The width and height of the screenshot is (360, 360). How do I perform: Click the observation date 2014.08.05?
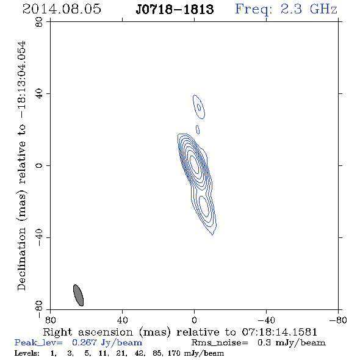(62, 9)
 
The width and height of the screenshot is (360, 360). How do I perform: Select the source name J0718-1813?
(175, 10)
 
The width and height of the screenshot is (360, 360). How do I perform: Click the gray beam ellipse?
(78, 295)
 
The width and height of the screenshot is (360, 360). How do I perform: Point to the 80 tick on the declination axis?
(39, 22)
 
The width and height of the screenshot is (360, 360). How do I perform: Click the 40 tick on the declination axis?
(39, 94)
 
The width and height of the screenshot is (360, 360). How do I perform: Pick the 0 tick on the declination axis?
(39, 165)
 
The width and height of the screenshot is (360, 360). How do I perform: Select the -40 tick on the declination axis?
(39, 237)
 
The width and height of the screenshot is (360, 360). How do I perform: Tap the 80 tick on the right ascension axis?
(50, 320)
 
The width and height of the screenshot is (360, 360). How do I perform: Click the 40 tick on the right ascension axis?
(122, 320)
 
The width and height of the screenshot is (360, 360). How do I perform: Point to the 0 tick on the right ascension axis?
(194, 320)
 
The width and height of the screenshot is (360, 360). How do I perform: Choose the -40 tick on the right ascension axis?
(266, 320)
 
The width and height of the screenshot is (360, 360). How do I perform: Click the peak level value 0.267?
(84, 342)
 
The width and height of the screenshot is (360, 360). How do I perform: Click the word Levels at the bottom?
(27, 353)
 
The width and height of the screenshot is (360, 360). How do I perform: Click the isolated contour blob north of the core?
(199, 107)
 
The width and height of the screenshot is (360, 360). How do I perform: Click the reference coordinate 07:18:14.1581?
(279, 332)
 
